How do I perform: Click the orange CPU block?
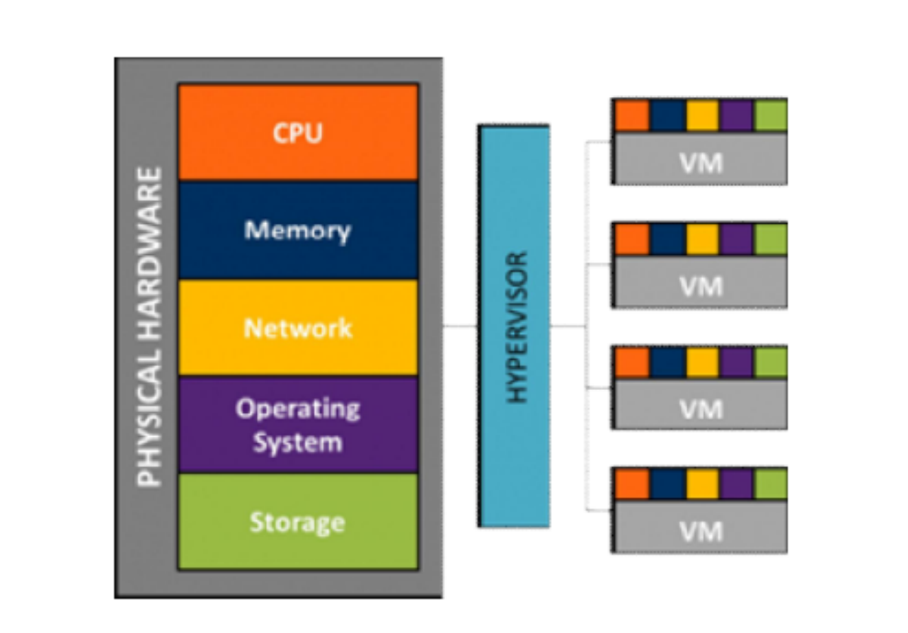coord(298,132)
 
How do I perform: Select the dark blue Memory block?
coord(298,230)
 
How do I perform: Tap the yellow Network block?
coord(298,328)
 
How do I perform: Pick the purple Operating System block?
coord(298,425)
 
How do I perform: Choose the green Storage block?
coord(298,522)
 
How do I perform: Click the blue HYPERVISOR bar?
coord(514,326)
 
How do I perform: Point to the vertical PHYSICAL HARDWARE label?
coord(149,326)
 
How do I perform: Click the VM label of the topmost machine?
coord(701,163)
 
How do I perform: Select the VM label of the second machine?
coord(701,286)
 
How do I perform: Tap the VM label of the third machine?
coord(701,409)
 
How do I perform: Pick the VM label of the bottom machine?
coord(701,531)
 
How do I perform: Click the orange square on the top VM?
coord(632,116)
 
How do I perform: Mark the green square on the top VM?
coord(771,116)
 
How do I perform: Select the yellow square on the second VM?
coord(702,239)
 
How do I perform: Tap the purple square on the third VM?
coord(737,363)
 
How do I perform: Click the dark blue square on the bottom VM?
coord(667,484)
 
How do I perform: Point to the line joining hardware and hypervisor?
coord(460,326)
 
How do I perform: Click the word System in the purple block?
coord(298,443)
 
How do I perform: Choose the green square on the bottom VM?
coord(771,484)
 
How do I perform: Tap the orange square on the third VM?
coord(632,363)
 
